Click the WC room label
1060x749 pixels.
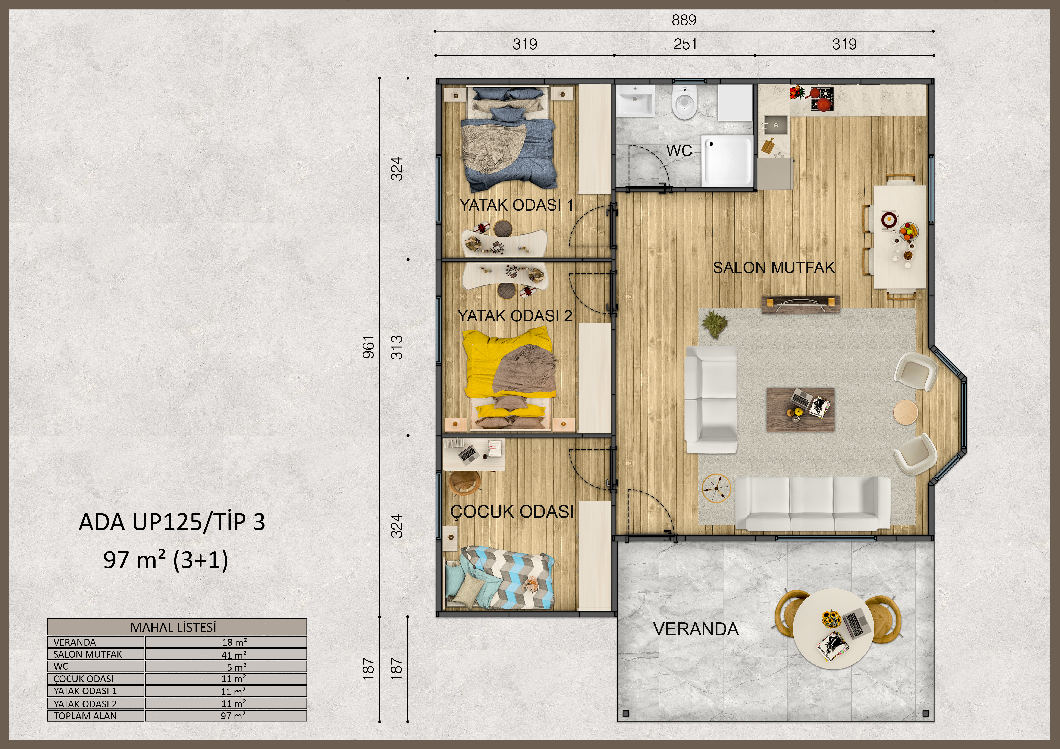679,151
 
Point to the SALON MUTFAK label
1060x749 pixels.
774,268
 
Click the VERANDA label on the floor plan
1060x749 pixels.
696,629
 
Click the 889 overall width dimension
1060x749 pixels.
684,20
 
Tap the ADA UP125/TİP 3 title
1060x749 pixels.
172,522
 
